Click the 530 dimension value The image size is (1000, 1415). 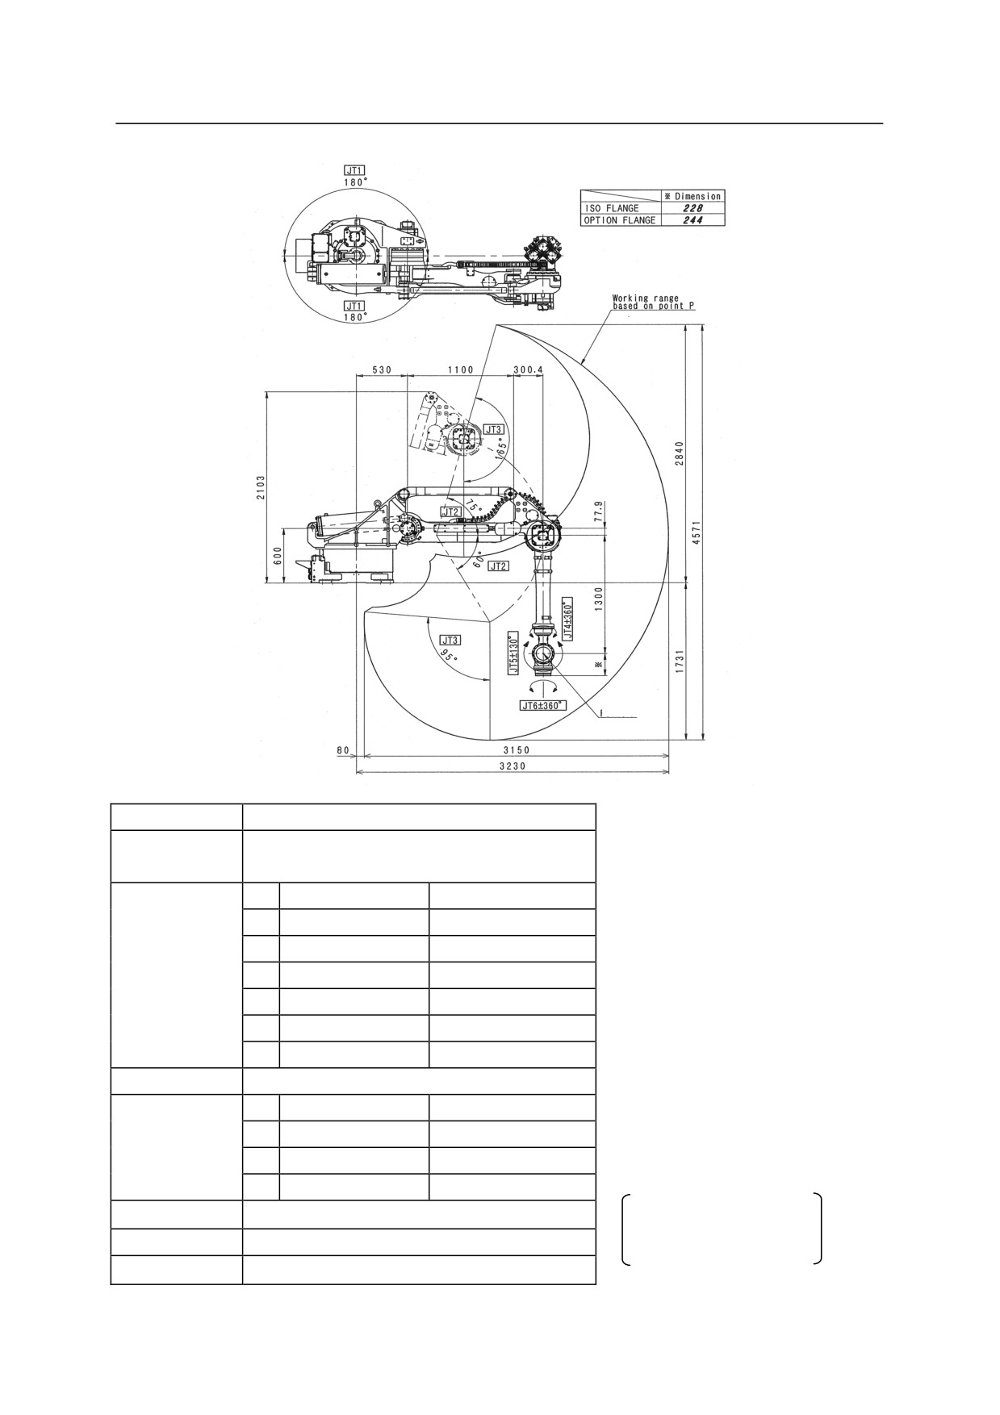(x=382, y=369)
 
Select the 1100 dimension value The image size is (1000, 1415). (x=460, y=369)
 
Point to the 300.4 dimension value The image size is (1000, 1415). (x=529, y=369)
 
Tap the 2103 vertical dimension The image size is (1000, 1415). (x=261, y=487)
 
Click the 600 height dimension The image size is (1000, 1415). (x=277, y=556)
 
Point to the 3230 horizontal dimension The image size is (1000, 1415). (x=512, y=766)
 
